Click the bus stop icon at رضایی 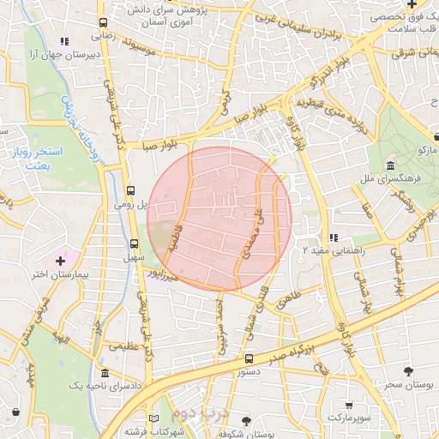click(x=103, y=23)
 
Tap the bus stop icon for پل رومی click(x=130, y=190)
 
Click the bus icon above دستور click(x=249, y=358)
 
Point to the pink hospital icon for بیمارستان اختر click(x=59, y=260)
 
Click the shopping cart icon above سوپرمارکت click(x=348, y=404)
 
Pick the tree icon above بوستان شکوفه click(x=247, y=420)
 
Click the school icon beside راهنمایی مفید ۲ click(x=334, y=238)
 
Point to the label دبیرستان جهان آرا click(x=55, y=54)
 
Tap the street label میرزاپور click(x=162, y=276)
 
